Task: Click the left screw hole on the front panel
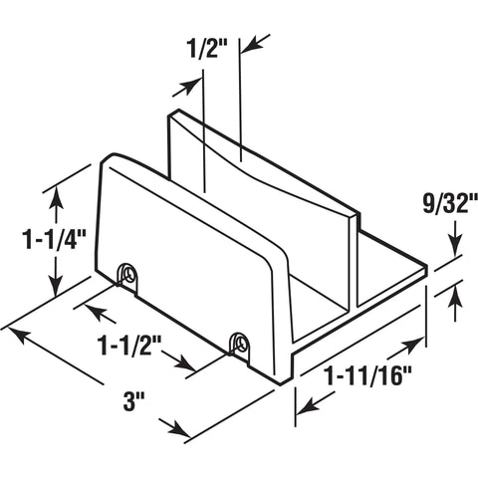point(127,271)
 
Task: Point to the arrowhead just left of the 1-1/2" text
point(94,311)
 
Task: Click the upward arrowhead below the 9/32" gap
point(454,291)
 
